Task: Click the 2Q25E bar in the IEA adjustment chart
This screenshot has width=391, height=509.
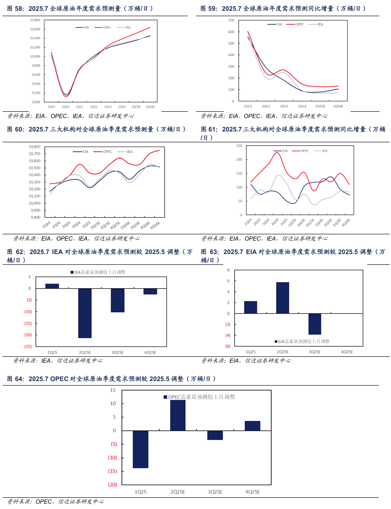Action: [x=85, y=313]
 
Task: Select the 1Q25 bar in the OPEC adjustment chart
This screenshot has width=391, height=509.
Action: [x=141, y=449]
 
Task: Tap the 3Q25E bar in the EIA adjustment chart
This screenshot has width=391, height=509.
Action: [x=315, y=324]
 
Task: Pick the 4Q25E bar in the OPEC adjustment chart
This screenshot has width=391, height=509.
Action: [x=252, y=426]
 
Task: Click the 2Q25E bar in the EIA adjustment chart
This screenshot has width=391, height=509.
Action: [x=282, y=298]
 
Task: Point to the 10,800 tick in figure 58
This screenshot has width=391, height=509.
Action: [x=35, y=20]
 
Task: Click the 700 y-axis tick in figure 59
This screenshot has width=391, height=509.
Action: [x=231, y=20]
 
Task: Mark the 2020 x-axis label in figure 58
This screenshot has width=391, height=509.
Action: [x=65, y=107]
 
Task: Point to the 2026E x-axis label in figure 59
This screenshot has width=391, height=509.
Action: [x=338, y=106]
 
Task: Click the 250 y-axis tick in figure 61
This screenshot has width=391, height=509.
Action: [x=239, y=146]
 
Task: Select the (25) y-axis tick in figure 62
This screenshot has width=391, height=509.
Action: [x=28, y=347]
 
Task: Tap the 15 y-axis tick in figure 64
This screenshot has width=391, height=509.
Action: [x=113, y=390]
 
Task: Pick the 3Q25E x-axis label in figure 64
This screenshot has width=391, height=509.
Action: [x=215, y=492]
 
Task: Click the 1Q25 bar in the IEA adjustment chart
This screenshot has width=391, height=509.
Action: [x=52, y=286]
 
